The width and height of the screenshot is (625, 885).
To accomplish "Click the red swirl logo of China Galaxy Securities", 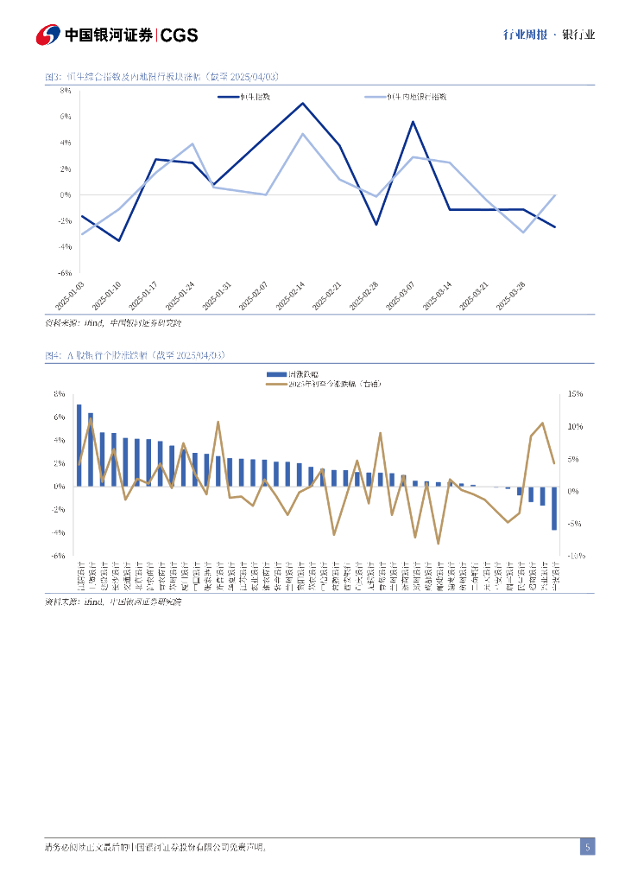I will tap(48, 35).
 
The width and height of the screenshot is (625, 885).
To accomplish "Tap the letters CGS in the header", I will tap(180, 35).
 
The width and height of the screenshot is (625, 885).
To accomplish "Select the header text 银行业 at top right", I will tap(578, 35).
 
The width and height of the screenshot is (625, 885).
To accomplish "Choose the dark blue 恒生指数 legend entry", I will tap(247, 96).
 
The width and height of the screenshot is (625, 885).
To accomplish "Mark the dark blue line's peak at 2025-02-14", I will tap(303, 103).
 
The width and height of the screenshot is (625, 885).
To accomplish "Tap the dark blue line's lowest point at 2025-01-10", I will tap(119, 240).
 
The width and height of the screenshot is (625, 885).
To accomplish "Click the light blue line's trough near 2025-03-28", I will tap(523, 232).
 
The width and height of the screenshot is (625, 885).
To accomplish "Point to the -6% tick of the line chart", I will tap(66, 272).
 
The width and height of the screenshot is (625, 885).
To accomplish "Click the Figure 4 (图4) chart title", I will tap(135, 355).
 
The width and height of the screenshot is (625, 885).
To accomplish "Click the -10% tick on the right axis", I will tap(575, 556).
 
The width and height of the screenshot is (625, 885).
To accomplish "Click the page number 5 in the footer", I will tap(587, 847).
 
